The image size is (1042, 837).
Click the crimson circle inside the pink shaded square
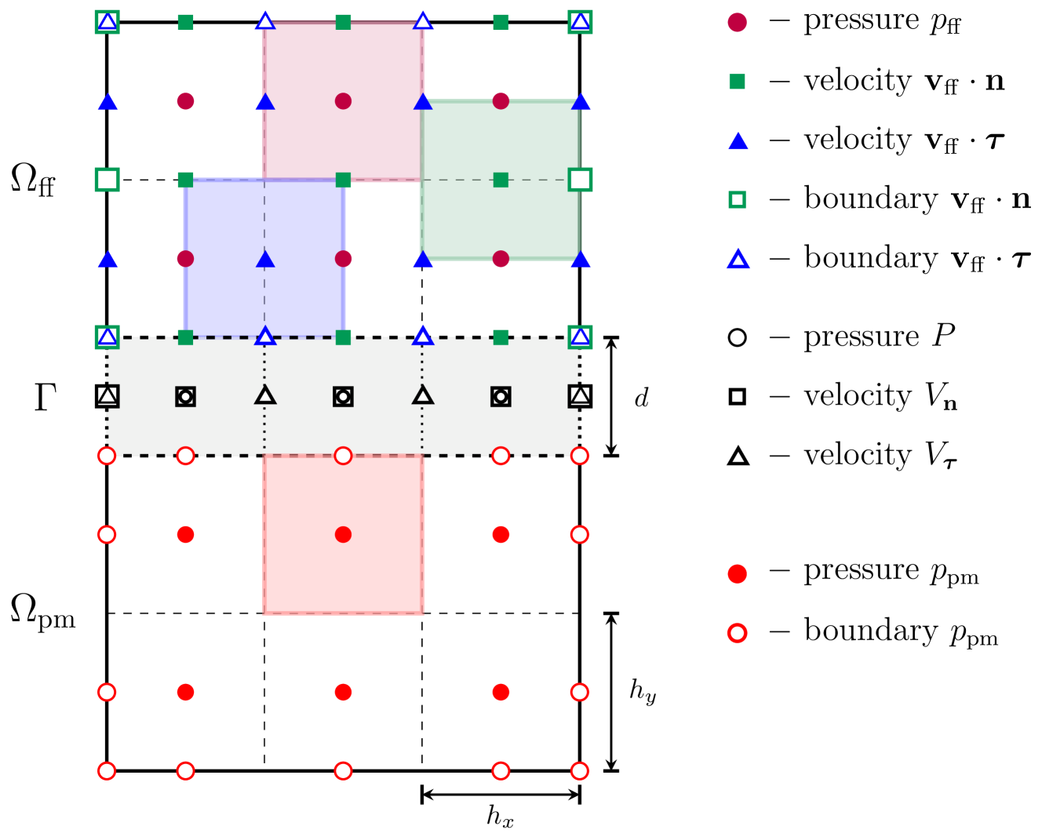pos(343,101)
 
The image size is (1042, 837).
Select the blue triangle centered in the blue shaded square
pos(265,259)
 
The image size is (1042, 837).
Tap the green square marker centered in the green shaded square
pos(501,180)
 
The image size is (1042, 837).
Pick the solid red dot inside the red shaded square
pos(343,534)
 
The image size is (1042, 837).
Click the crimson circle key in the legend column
pos(737,23)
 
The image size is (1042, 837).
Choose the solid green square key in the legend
pos(737,82)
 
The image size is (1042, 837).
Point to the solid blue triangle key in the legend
pos(738,141)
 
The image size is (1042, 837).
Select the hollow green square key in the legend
pos(737,200)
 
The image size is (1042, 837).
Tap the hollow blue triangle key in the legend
pos(738,259)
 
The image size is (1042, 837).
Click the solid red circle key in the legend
pos(737,574)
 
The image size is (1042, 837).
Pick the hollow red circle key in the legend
pos(737,633)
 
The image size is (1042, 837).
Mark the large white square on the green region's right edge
pos(580,180)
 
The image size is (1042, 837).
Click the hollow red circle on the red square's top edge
pos(343,456)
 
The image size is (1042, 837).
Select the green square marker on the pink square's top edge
pos(343,22)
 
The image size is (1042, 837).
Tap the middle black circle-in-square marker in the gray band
pos(343,397)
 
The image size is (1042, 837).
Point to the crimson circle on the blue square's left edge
pos(185,259)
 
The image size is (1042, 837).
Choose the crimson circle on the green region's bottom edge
pos(501,259)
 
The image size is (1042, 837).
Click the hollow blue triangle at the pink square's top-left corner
pos(265,21)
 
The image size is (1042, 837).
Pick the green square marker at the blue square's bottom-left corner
pos(185,337)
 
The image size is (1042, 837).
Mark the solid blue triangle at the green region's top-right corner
pos(581,102)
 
